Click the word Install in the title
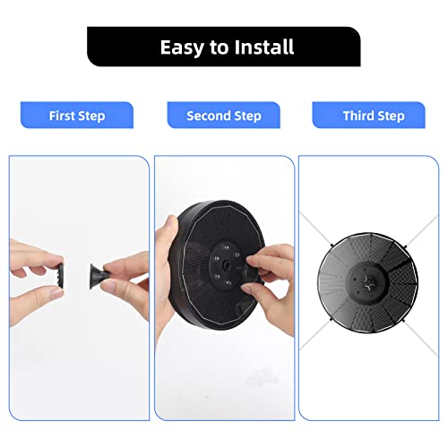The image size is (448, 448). (x=264, y=47)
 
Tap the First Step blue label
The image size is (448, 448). (x=77, y=116)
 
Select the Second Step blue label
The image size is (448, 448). (x=224, y=116)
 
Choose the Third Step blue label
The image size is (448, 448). (x=368, y=116)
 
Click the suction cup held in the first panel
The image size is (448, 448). (x=98, y=276)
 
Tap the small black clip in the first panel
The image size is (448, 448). (x=60, y=276)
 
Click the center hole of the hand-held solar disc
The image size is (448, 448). (x=226, y=265)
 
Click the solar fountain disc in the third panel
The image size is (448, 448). (x=367, y=282)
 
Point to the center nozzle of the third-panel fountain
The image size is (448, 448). (x=367, y=283)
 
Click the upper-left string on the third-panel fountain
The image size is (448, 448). (x=315, y=228)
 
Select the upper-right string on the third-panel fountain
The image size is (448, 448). (x=421, y=230)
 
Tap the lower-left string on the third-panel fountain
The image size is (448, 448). (x=315, y=334)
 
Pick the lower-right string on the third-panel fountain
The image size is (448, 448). (x=420, y=338)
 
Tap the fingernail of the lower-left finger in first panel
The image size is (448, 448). (x=56, y=291)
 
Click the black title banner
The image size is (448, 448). (x=224, y=47)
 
